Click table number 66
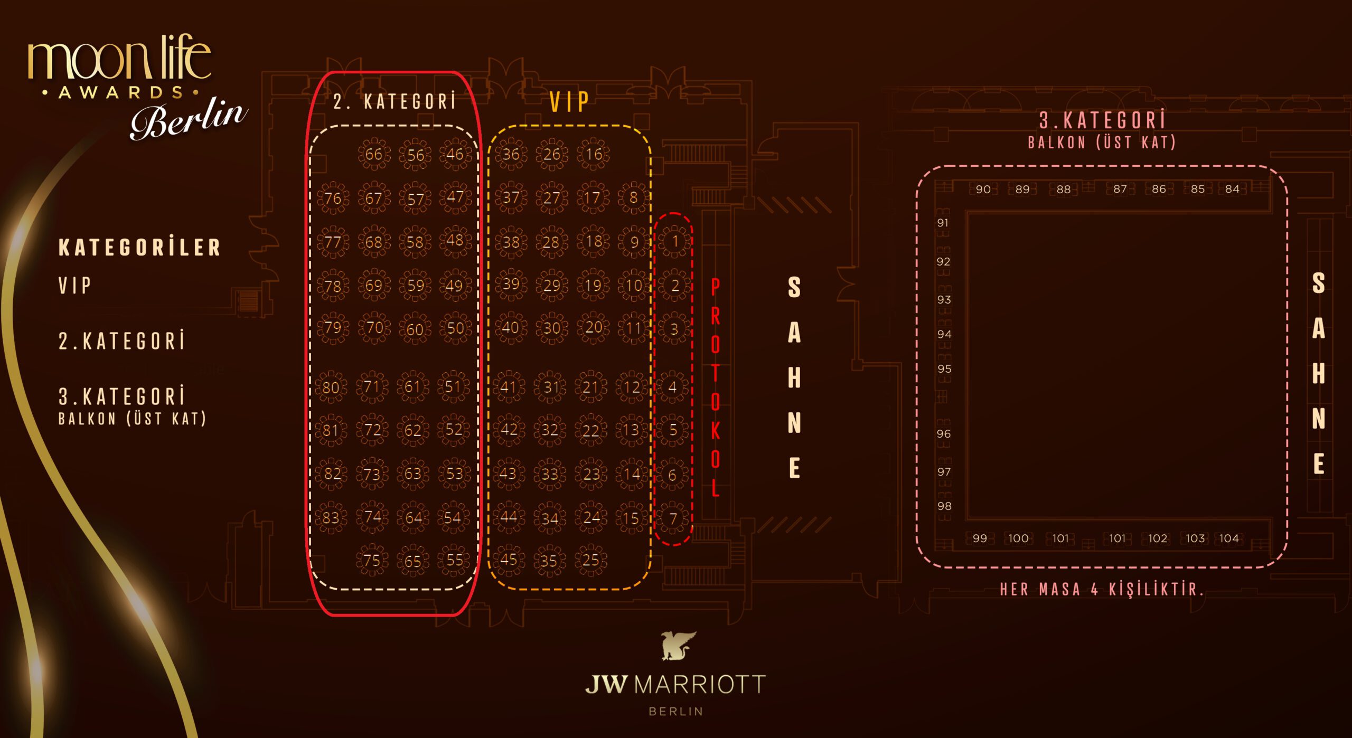[x=374, y=154]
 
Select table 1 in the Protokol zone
[x=674, y=241]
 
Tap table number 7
[x=673, y=518]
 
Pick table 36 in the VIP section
[x=511, y=154]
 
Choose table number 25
[x=590, y=560]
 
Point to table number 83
[x=331, y=517]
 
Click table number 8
[x=633, y=198]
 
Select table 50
[x=455, y=328]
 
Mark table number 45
[x=508, y=560]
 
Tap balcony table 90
[x=983, y=189]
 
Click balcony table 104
[x=1229, y=538]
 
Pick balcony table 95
[x=944, y=368]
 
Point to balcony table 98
[x=944, y=506]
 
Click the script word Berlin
[x=188, y=118]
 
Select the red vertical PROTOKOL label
[x=715, y=387]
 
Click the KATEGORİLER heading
[x=139, y=247]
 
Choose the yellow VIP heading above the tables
[x=569, y=102]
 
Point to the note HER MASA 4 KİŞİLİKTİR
[x=1102, y=589]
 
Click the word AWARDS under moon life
[x=121, y=93]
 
